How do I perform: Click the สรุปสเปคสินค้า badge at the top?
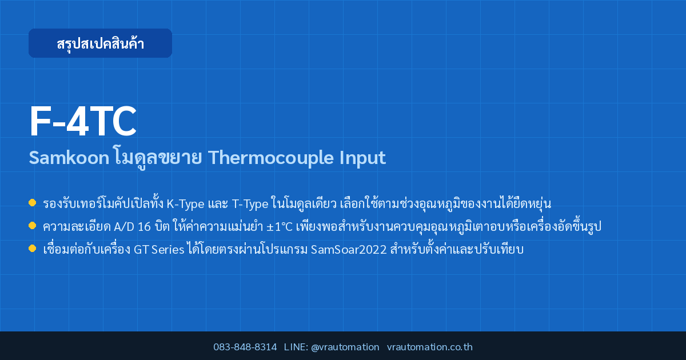100,43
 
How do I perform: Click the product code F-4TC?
83,121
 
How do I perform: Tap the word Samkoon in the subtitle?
69,158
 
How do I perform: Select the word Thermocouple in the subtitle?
270,158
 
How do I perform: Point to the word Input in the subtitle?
362,158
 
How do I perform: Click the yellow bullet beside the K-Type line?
32,203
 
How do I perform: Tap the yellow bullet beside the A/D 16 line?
32,226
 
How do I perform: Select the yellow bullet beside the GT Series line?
32,248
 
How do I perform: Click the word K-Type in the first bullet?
185,204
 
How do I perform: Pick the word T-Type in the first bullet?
250,204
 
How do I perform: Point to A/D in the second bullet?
123,227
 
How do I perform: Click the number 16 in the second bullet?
144,227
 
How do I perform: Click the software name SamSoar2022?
349,250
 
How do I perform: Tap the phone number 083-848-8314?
245,347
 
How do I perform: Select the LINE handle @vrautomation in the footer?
345,347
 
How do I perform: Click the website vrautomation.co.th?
430,347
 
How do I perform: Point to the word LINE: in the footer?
296,347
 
